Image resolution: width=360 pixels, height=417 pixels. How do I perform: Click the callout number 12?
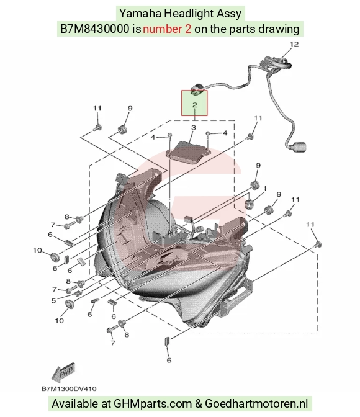(294, 44)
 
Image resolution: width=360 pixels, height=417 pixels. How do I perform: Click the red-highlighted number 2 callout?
(194, 105)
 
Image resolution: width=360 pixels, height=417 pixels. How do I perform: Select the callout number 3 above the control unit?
(194, 128)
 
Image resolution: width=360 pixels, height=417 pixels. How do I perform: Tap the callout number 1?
(265, 189)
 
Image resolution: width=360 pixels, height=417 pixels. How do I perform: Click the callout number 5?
(54, 301)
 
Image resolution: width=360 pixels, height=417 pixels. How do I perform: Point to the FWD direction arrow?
(63, 372)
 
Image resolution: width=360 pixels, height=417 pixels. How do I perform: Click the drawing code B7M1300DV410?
(69, 389)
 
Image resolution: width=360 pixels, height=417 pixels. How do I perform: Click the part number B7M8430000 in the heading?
(95, 29)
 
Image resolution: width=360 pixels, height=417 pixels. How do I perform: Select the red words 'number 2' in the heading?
(167, 29)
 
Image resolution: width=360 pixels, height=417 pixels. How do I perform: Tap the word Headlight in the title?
(189, 13)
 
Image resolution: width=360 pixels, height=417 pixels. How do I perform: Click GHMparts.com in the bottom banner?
(153, 404)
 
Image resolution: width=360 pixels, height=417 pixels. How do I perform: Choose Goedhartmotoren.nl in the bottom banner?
(256, 403)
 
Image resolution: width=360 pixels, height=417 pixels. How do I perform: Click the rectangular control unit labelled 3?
(189, 151)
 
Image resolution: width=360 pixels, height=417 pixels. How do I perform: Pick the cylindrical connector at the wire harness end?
(299, 146)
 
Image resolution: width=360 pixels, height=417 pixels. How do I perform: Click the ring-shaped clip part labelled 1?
(250, 204)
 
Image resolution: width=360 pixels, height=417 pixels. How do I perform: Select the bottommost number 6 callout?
(169, 361)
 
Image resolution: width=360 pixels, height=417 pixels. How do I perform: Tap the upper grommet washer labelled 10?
(55, 258)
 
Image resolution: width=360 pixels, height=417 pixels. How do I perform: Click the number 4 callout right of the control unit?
(225, 133)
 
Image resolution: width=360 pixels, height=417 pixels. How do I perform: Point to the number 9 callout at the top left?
(130, 108)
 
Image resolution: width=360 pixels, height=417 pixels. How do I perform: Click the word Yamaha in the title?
(140, 13)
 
